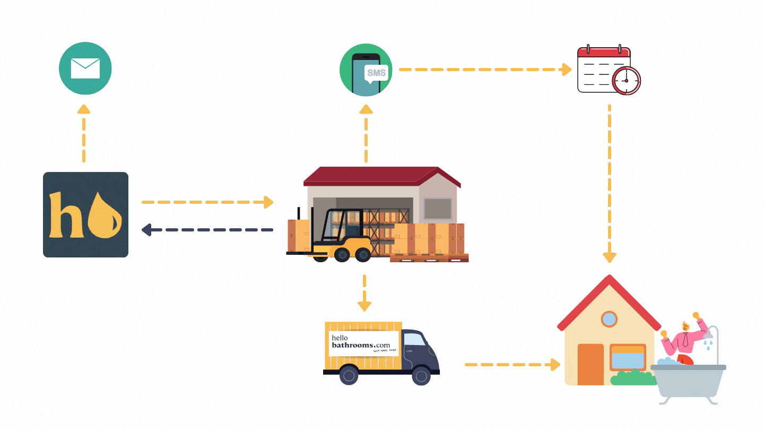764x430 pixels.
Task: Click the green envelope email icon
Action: click(85, 69)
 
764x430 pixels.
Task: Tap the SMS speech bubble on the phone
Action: click(376, 73)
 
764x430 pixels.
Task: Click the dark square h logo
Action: click(85, 214)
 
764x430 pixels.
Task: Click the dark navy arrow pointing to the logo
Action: click(207, 230)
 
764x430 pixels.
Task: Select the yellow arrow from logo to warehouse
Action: click(207, 202)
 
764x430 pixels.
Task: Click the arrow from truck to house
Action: click(513, 365)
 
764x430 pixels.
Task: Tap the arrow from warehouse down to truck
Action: click(364, 293)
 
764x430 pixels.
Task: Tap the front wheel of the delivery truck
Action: click(421, 376)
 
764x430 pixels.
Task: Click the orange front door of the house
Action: click(591, 364)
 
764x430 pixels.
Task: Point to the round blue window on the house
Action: click(610, 320)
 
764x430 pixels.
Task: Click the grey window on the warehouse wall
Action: click(438, 208)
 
